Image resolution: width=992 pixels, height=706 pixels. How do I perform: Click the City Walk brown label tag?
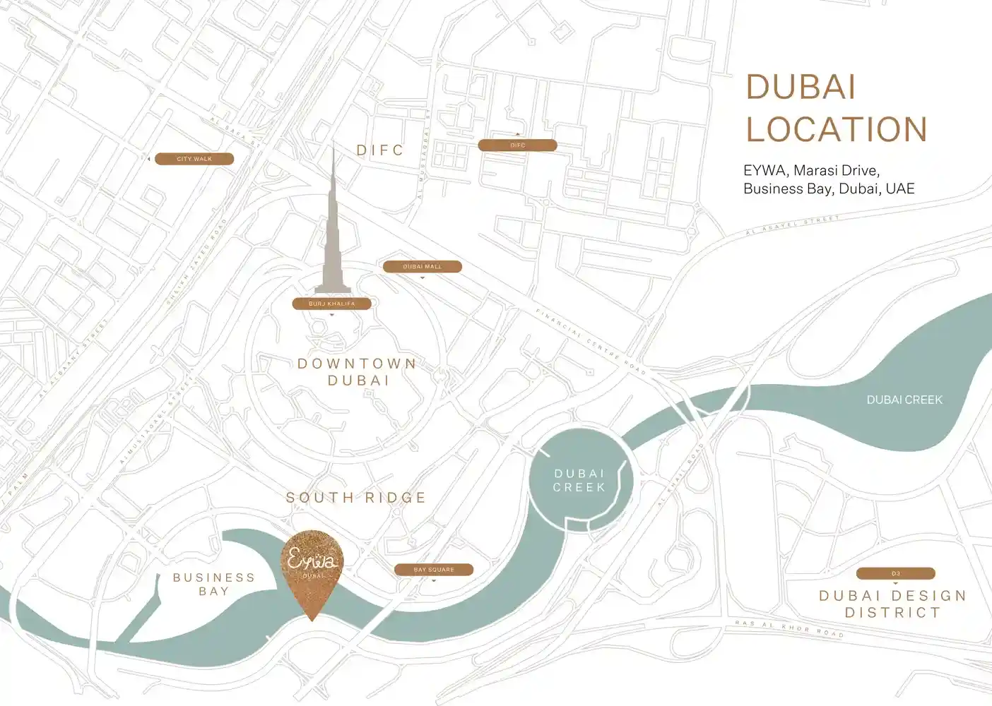tap(194, 159)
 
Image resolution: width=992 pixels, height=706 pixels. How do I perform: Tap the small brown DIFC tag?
tap(517, 145)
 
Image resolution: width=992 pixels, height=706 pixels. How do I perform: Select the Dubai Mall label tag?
tap(422, 267)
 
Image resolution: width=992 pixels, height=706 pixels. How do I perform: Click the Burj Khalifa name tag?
tap(331, 304)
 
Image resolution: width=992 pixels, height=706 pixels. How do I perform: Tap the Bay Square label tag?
tap(434, 570)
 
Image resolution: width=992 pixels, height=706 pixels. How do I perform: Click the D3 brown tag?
tap(895, 573)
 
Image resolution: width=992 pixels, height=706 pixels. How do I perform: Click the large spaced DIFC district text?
tap(380, 150)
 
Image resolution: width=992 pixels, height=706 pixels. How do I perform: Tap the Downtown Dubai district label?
tap(358, 372)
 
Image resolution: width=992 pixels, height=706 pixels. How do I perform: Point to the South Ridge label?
tap(356, 498)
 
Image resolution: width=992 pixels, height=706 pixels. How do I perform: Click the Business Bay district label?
tap(214, 585)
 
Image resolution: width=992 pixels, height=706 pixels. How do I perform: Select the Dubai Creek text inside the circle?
tap(579, 481)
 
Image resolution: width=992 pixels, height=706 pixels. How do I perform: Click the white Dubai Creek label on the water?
tap(904, 400)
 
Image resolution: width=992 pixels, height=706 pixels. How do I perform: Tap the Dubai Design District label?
tap(893, 604)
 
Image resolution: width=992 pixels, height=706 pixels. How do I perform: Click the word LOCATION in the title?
tap(837, 129)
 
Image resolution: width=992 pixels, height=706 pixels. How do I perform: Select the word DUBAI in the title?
tap(801, 88)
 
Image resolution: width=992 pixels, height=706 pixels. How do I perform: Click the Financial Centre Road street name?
tap(591, 342)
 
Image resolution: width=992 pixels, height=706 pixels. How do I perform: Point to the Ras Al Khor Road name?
tap(789, 628)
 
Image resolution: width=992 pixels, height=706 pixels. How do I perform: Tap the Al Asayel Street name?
tap(793, 225)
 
